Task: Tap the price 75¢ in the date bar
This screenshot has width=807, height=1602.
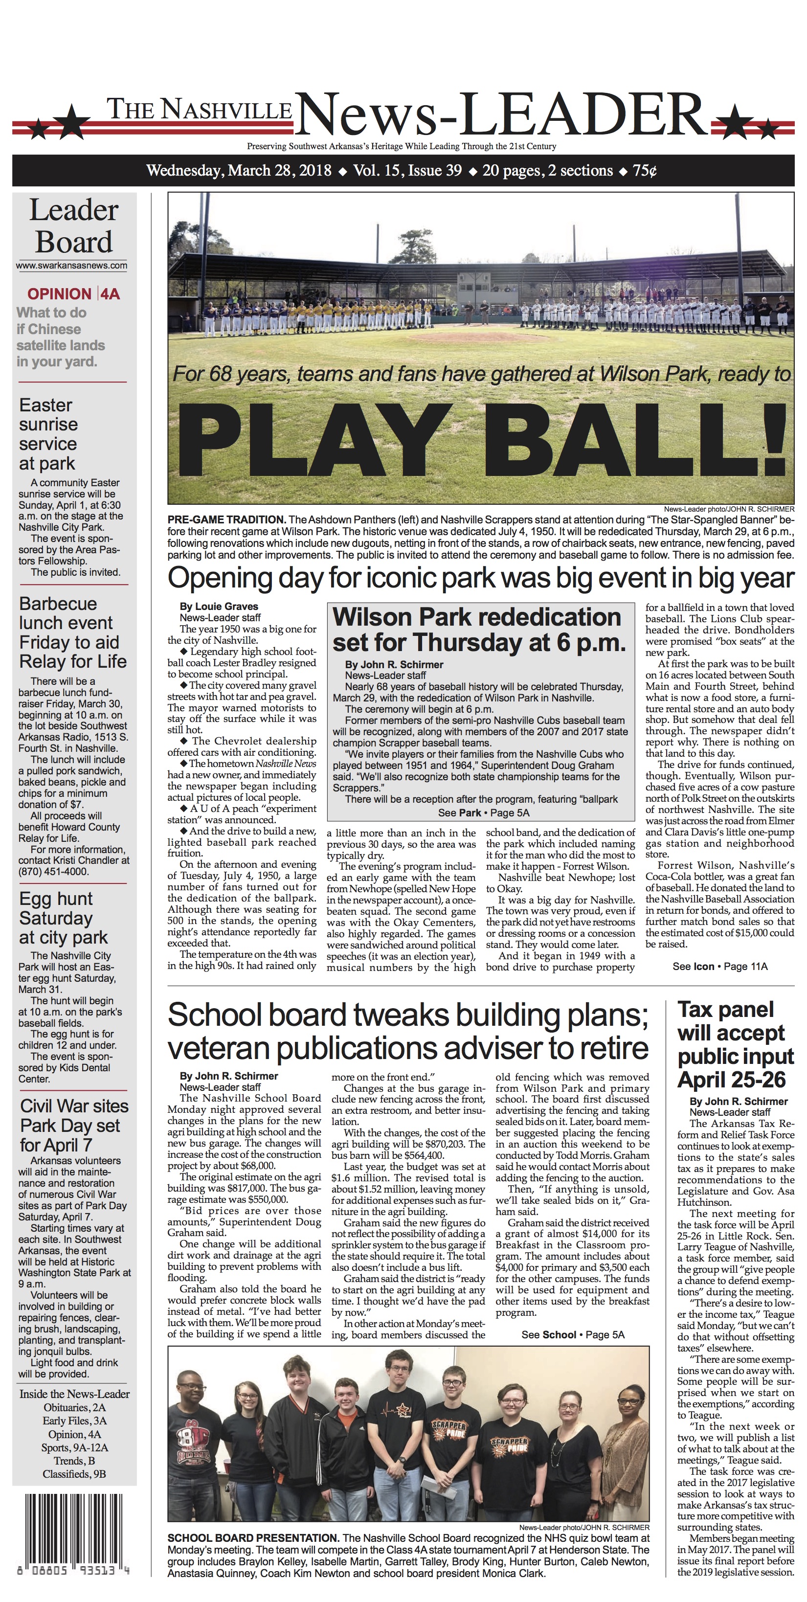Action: pyautogui.click(x=645, y=170)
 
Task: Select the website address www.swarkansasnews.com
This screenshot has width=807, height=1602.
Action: pyautogui.click(x=71, y=266)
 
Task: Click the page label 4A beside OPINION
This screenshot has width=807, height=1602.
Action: pyautogui.click(x=110, y=294)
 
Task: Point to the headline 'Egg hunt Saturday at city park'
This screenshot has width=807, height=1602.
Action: pyautogui.click(x=64, y=918)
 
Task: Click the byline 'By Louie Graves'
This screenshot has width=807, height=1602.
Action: pyautogui.click(x=218, y=607)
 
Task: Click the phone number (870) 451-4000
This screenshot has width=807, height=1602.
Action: pyautogui.click(x=53, y=871)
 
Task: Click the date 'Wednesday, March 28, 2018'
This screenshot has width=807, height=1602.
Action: pyautogui.click(x=239, y=170)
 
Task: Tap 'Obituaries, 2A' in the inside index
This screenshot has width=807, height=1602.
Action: pyautogui.click(x=74, y=1407)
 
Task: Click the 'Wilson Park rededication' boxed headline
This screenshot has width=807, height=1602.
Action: pyautogui.click(x=479, y=630)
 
